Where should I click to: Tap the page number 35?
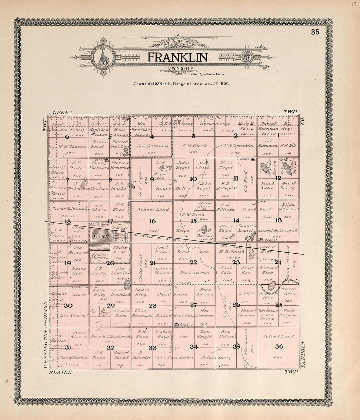tap(315, 32)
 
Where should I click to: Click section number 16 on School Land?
tap(152, 221)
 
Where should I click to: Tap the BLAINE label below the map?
tap(60, 372)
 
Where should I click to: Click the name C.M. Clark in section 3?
tap(194, 146)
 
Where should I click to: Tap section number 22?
tap(193, 262)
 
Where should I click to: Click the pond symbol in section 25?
tap(271, 286)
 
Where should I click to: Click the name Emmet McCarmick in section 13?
tap(278, 230)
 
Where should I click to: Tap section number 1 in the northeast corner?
tap(278, 135)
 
